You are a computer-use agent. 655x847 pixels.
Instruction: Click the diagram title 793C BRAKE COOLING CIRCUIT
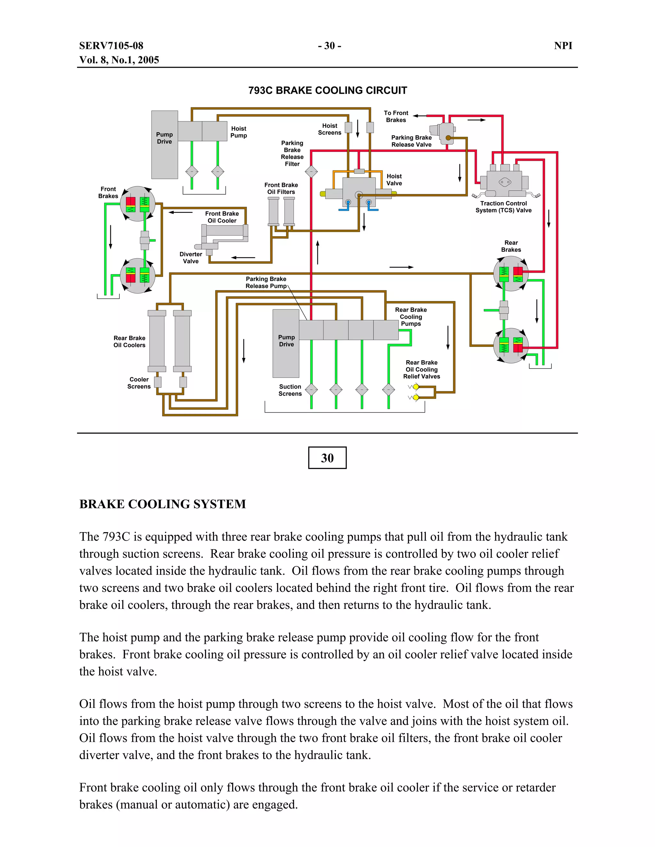[327, 90]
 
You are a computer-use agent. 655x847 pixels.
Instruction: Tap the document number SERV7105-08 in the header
[111, 46]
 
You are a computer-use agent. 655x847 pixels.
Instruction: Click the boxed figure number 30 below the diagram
[327, 458]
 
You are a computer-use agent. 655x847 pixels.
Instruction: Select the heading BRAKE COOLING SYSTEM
[162, 504]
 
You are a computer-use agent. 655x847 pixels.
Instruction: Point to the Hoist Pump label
[238, 132]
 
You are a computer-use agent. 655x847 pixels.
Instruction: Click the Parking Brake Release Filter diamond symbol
[311, 171]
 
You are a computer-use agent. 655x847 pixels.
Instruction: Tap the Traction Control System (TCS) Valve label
[503, 207]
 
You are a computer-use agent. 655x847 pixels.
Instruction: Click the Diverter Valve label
[191, 258]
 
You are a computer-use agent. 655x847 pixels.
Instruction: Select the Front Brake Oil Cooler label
[222, 217]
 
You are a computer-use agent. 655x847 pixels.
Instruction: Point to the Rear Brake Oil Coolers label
[129, 341]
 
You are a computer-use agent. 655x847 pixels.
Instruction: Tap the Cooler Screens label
[139, 383]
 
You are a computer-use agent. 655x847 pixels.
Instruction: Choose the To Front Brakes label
[396, 116]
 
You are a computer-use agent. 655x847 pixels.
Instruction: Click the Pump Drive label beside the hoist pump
[164, 138]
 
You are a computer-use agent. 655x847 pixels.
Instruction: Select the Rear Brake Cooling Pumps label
[411, 316]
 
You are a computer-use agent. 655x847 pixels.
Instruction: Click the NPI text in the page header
[563, 46]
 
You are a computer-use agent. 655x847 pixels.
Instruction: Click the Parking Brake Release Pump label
[266, 282]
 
